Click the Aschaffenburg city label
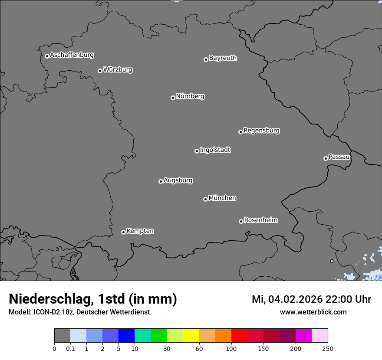point(72,55)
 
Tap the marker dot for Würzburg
point(100,71)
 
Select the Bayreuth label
point(223,58)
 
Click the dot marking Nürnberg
point(173,98)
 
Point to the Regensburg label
point(261,131)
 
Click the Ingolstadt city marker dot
point(197,151)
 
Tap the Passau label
point(339,157)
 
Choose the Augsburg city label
point(178,180)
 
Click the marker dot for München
point(205,199)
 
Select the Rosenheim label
point(260,220)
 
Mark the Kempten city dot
point(123,232)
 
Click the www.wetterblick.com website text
point(313,312)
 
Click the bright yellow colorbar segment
point(191,336)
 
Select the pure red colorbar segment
point(239,336)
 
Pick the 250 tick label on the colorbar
point(328,349)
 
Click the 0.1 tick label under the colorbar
point(70,349)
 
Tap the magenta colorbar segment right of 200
point(303,336)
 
